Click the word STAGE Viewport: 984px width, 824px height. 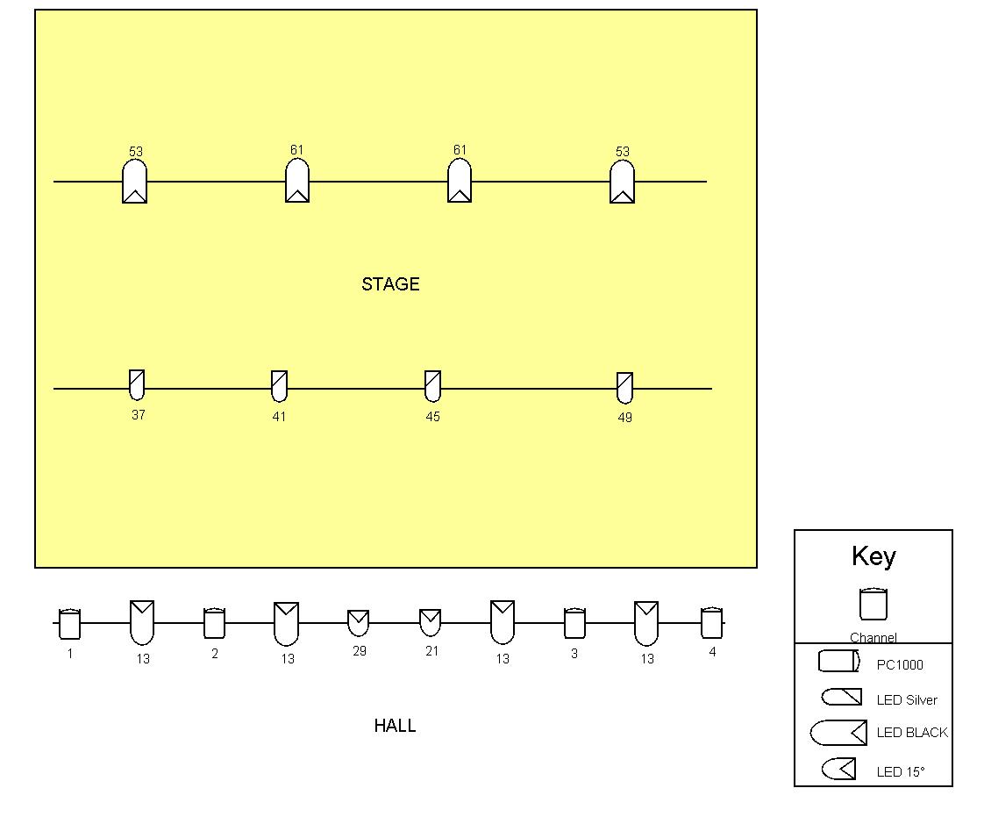tap(390, 284)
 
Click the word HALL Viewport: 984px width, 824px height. tap(395, 726)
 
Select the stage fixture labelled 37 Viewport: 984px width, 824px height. tap(137, 384)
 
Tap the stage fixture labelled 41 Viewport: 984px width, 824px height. tap(279, 385)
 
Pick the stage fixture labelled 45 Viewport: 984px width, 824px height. tap(433, 385)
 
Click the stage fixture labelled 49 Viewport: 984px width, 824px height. tap(625, 388)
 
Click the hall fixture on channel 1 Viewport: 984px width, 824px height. tap(69, 623)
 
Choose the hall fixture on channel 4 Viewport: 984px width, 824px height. tap(711, 622)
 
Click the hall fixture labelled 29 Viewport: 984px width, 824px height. tap(359, 623)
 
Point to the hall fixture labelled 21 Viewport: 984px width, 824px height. tap(431, 622)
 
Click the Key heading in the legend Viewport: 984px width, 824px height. tap(873, 556)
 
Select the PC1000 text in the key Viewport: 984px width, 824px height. tap(900, 665)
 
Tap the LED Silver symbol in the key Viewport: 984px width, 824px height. tap(842, 697)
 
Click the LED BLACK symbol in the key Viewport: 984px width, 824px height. tap(839, 733)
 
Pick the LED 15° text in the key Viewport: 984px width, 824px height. tap(901, 772)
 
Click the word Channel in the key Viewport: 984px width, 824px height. tap(873, 637)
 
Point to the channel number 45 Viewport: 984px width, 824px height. tap(433, 417)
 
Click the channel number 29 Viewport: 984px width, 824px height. tap(360, 651)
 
